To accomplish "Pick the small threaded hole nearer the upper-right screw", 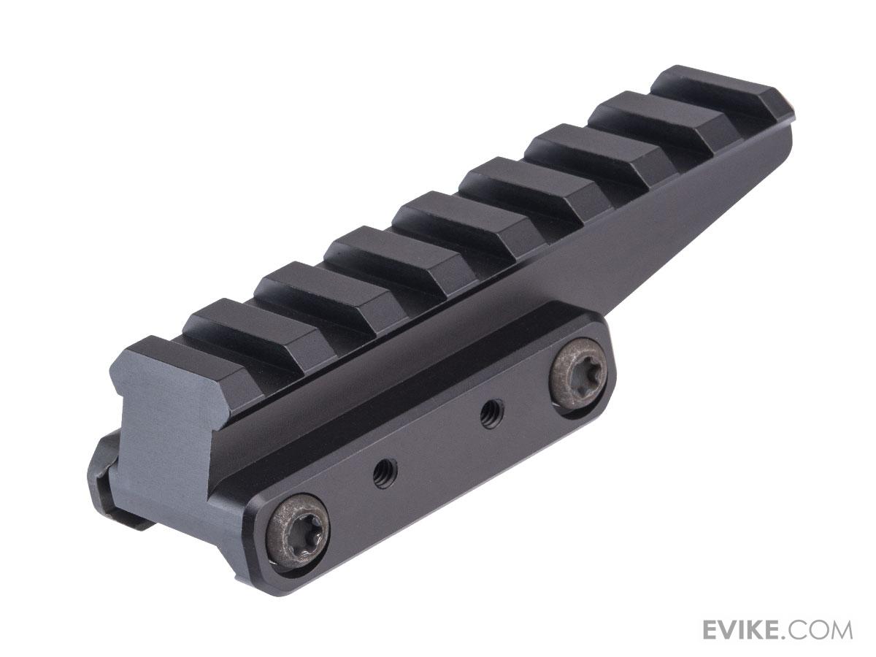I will click(488, 415).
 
